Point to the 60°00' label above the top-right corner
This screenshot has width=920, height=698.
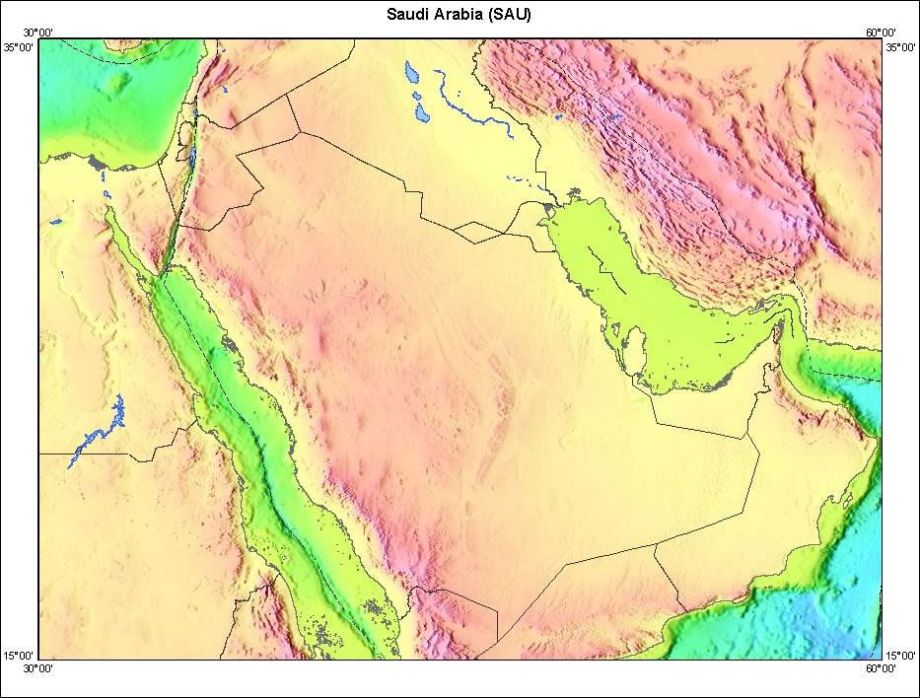click(881, 33)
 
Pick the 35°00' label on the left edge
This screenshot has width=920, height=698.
click(19, 46)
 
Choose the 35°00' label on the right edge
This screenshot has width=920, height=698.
click(901, 46)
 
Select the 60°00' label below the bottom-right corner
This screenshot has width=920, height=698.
click(881, 668)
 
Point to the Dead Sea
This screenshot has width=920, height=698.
click(190, 157)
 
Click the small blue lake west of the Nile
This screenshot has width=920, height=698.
click(56, 221)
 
